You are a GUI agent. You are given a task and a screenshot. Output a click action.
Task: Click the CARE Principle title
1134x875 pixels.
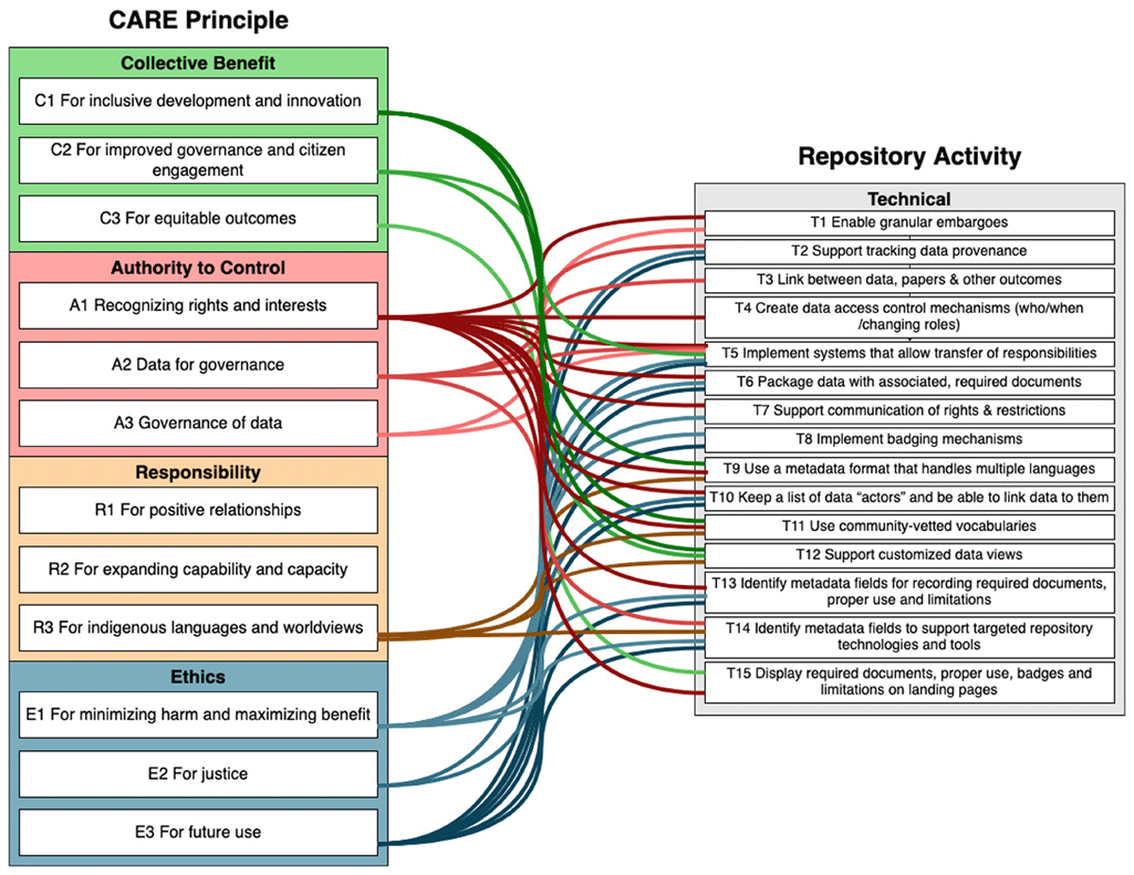198,21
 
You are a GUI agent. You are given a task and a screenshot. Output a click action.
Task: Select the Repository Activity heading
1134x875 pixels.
909,156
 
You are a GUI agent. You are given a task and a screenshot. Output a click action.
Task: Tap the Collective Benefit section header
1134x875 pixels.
198,62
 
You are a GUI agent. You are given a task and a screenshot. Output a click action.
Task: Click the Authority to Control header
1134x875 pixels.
198,267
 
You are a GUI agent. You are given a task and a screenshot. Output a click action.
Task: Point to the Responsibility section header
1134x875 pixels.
198,472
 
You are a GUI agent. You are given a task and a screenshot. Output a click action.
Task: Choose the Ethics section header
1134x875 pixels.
198,677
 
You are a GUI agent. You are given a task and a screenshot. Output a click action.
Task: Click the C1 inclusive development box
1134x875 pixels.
198,101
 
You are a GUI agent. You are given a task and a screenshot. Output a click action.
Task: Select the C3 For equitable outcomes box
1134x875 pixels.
198,218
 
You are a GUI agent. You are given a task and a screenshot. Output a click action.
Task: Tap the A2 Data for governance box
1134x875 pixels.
198,364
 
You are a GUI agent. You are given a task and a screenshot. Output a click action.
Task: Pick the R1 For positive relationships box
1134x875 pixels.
198,509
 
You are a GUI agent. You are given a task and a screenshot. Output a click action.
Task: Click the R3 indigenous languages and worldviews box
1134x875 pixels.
198,627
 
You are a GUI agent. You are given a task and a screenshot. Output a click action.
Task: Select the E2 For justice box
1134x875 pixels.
198,773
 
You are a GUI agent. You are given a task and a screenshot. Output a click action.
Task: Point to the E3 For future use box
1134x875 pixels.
198,832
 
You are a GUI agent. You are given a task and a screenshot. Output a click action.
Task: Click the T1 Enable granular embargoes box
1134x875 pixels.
909,222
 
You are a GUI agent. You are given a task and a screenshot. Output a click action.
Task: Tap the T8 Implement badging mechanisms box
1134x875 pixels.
909,439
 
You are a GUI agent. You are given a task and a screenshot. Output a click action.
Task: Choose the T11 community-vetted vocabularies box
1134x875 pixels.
909,526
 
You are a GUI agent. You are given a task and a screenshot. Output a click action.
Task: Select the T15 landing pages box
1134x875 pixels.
909,681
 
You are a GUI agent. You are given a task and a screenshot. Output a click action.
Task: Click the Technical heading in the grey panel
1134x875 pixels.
909,198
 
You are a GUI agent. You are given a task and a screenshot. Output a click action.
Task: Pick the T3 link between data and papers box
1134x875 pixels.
909,280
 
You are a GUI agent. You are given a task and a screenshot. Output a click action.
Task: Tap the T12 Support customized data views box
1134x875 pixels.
909,555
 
